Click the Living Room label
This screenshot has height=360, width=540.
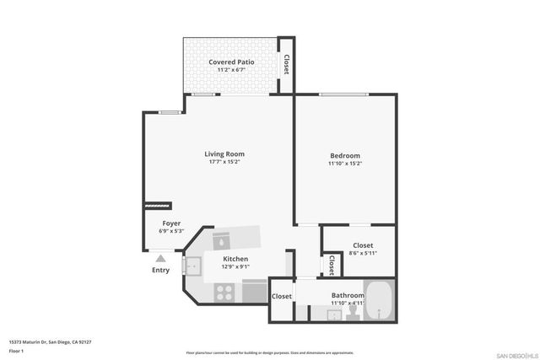pyautogui.click(x=224, y=153)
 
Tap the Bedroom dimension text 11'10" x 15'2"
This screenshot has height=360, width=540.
pyautogui.click(x=345, y=164)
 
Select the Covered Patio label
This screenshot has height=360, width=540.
pyautogui.click(x=231, y=62)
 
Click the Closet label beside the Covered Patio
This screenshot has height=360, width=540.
pyautogui.click(x=286, y=65)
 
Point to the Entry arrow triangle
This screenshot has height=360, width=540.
pyautogui.click(x=160, y=259)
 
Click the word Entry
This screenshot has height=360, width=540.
pyautogui.click(x=160, y=271)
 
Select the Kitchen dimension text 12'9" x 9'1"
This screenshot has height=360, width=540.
pyautogui.click(x=235, y=267)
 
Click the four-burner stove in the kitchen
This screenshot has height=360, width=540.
pyautogui.click(x=224, y=292)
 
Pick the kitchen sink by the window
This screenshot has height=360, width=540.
pyautogui.click(x=192, y=268)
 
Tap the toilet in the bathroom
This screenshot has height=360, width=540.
pyautogui.click(x=354, y=313)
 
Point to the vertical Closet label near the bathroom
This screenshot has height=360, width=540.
pyautogui.click(x=331, y=266)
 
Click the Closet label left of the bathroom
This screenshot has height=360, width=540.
pyautogui.click(x=282, y=296)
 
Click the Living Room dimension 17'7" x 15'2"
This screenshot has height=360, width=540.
pyautogui.click(x=224, y=163)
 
